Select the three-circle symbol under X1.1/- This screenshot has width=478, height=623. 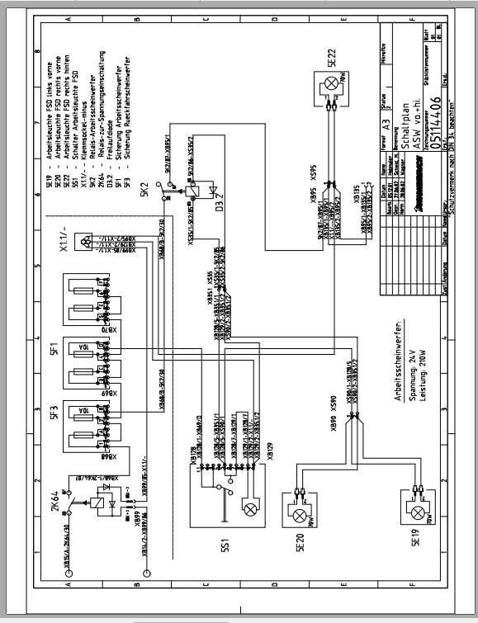(86, 240)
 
